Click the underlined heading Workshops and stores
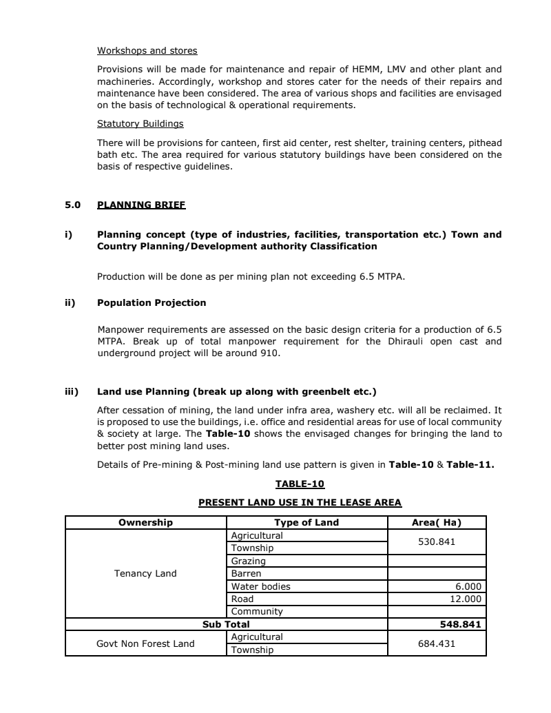147,51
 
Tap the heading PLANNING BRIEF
141,205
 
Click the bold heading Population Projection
152,302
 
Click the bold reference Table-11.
470,464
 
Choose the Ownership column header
145,522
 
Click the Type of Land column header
306,522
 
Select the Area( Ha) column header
436,522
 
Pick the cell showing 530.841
437,541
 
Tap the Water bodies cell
261,586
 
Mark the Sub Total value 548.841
460,624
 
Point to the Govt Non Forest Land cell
145,643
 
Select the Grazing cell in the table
249,561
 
